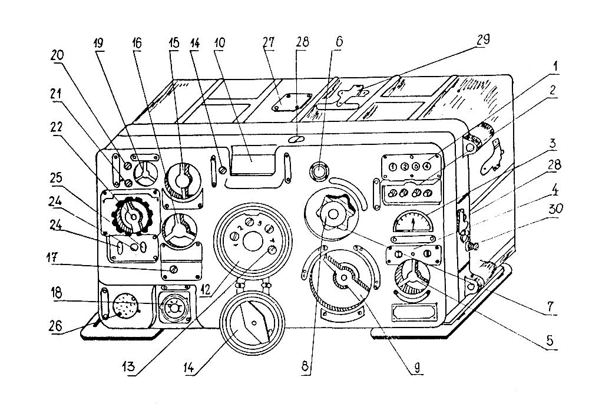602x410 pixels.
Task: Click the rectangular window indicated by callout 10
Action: pos(253,158)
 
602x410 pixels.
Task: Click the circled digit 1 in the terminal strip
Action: pos(392,167)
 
